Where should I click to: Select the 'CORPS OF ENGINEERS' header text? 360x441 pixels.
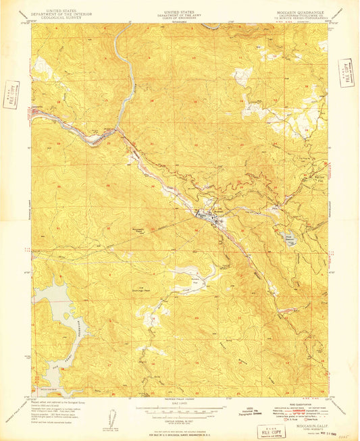[x=179, y=16]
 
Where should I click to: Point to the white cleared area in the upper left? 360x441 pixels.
[x=42, y=66]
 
